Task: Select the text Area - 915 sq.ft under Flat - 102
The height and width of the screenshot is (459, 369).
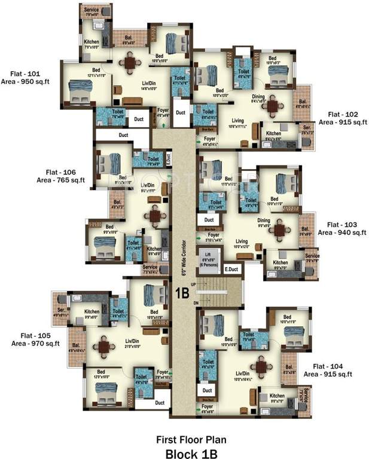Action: tap(342, 122)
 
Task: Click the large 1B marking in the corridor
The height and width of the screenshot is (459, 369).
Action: tap(183, 293)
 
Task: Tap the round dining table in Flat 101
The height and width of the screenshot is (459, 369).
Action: tap(130, 62)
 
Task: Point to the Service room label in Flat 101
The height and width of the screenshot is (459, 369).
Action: tap(91, 10)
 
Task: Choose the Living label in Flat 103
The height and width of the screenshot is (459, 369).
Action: tap(241, 241)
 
